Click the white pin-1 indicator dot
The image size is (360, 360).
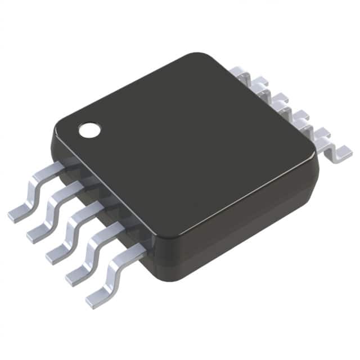point(89,130)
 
